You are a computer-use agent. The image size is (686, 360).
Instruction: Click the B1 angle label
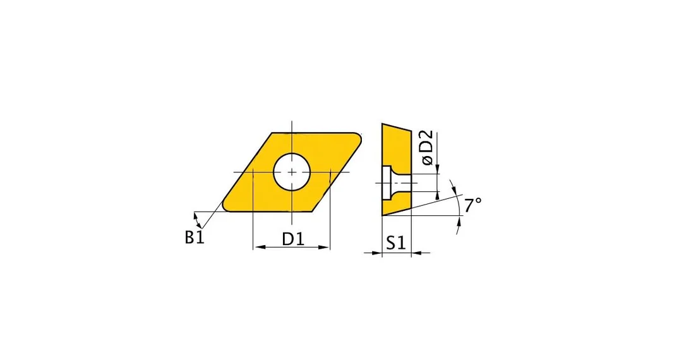coord(195,237)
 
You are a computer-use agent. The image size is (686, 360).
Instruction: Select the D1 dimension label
coord(292,239)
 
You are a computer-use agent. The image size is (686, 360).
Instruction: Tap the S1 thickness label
coord(396,243)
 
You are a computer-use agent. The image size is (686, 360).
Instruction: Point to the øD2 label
coord(428,147)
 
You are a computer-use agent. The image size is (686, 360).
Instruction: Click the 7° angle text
coord(472,205)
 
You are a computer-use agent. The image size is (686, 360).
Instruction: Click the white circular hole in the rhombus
coord(292,172)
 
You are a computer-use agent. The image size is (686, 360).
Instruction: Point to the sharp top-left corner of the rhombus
coord(272,133)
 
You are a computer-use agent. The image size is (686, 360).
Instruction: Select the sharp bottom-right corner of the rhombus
coord(312,212)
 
